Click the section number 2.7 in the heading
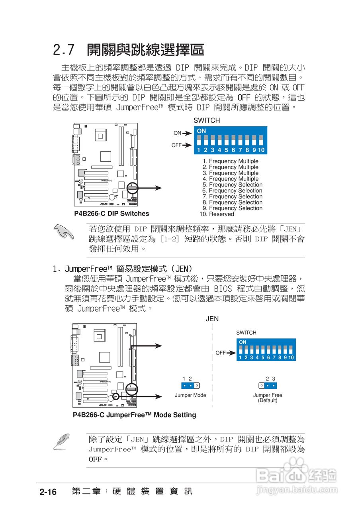64,50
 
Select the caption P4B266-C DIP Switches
112,214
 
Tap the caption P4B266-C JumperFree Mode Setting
134,415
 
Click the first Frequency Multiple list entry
231,161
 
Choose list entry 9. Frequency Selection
233,208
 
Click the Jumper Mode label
190,395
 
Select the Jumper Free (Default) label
268,398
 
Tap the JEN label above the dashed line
212,319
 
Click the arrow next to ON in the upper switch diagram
187,133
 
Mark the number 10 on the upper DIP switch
261,150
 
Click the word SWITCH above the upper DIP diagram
206,120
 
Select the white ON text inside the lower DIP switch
243,342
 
